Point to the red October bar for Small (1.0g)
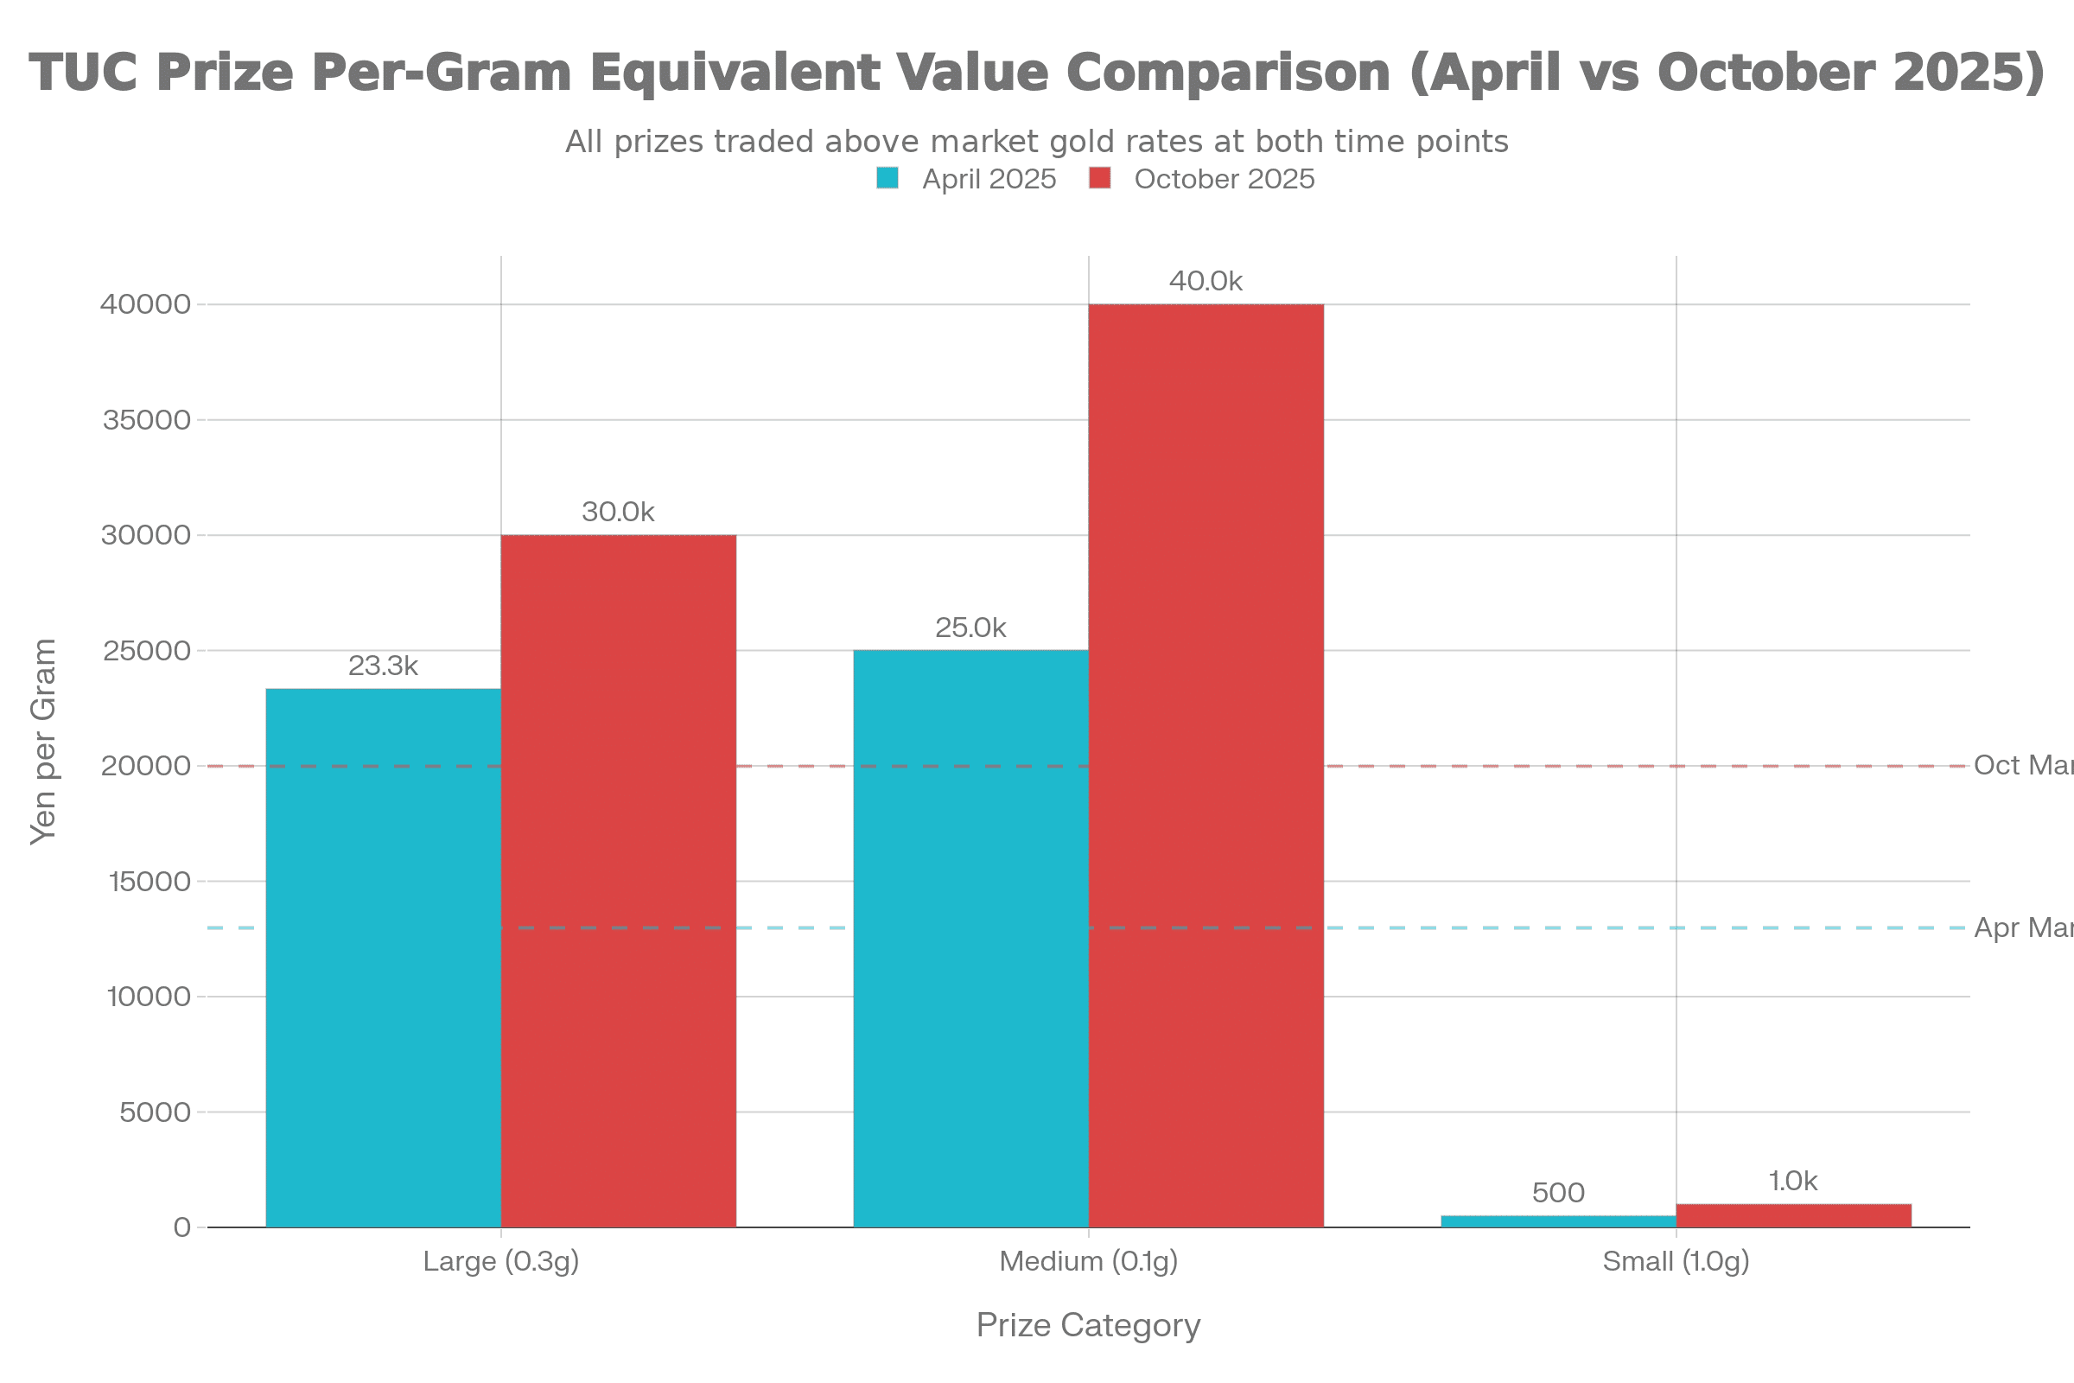point(1794,1215)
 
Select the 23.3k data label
point(384,666)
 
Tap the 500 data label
point(1558,1194)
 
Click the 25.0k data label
point(970,628)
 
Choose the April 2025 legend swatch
point(887,178)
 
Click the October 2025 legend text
point(1224,179)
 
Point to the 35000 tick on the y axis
point(147,420)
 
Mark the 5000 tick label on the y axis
point(156,1112)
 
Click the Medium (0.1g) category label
point(1088,1261)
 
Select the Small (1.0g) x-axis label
point(1676,1261)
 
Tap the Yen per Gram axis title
point(43,741)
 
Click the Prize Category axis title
point(1088,1326)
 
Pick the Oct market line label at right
point(2023,765)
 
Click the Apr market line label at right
point(2023,927)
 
